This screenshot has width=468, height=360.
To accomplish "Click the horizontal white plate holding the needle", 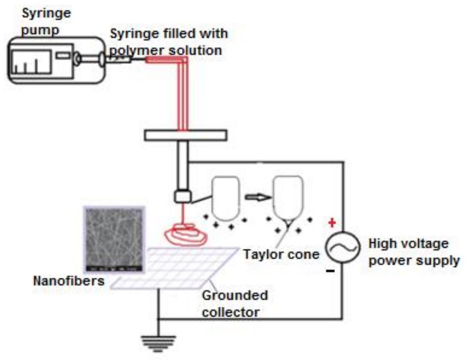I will click(x=185, y=135).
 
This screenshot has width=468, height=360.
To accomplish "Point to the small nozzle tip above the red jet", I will click(x=182, y=196).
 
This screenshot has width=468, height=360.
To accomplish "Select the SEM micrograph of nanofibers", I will click(x=114, y=239).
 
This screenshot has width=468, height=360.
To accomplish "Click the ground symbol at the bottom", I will click(x=158, y=343).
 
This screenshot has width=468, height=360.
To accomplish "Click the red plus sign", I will click(x=331, y=223).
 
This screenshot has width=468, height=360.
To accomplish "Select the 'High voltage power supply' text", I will click(x=414, y=252).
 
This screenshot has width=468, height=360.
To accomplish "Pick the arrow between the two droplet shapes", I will click(x=256, y=197).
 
